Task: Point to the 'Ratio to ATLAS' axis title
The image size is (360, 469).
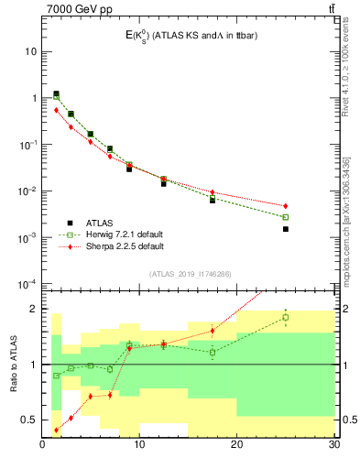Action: click(x=14, y=364)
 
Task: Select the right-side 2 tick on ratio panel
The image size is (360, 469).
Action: click(x=345, y=309)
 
